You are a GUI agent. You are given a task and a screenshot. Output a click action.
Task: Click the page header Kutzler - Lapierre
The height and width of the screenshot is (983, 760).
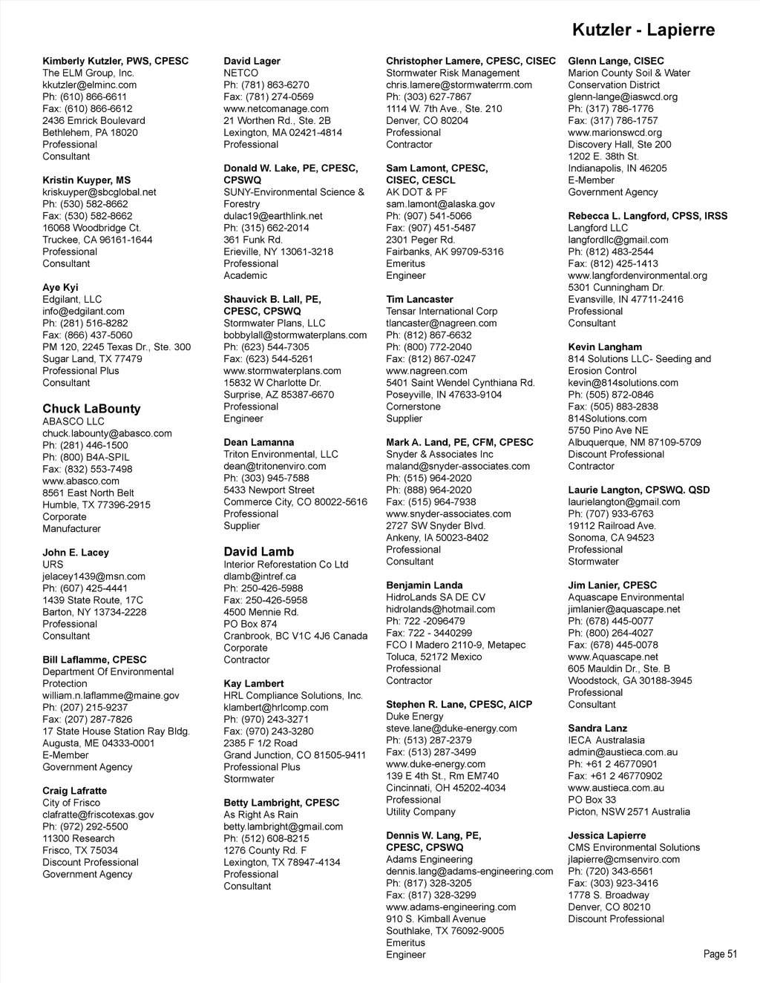[643, 30]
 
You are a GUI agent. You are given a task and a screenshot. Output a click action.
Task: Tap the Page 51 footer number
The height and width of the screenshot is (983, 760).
[720, 954]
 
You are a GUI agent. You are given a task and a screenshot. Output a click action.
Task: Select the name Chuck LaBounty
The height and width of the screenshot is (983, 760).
[91, 409]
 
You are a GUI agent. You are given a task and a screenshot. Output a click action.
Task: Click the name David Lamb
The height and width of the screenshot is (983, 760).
[259, 552]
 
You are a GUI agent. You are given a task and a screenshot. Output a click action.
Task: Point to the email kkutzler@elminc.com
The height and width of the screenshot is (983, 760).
[89, 85]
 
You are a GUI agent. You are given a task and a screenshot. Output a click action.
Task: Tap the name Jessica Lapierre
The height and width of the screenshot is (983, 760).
[607, 835]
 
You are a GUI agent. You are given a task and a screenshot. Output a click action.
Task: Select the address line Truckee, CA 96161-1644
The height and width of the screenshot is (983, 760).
[97, 240]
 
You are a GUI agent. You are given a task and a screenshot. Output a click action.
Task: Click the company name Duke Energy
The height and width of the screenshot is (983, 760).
[415, 717]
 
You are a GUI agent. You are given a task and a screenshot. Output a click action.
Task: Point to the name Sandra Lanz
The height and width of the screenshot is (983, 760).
[597, 729]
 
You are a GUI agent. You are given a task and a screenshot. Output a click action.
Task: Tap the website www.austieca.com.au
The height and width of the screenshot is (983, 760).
[616, 788]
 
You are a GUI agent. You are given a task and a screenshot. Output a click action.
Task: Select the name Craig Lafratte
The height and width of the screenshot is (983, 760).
[74, 791]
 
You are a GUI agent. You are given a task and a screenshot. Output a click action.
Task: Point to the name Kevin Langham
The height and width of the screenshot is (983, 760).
[605, 347]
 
